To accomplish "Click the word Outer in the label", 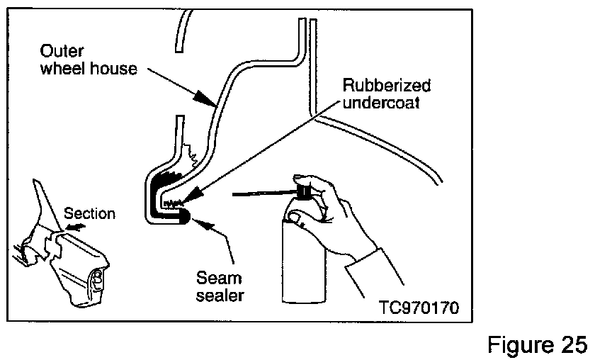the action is tap(62, 51).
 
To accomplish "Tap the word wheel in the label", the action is tap(63, 68).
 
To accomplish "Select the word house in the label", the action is tap(113, 68).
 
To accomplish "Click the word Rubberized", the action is tap(387, 85).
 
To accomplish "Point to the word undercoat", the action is tap(381, 103).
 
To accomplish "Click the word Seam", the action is tap(219, 278).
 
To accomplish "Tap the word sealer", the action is tap(220, 296).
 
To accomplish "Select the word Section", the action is tap(89, 213).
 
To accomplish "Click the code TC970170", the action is tap(419, 308).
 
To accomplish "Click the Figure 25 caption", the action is tap(537, 345).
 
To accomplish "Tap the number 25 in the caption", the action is tap(573, 345).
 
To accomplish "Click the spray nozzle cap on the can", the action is tap(303, 190).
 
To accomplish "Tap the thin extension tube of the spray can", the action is tap(265, 193).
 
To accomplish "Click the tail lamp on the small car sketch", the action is tap(98, 281).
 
